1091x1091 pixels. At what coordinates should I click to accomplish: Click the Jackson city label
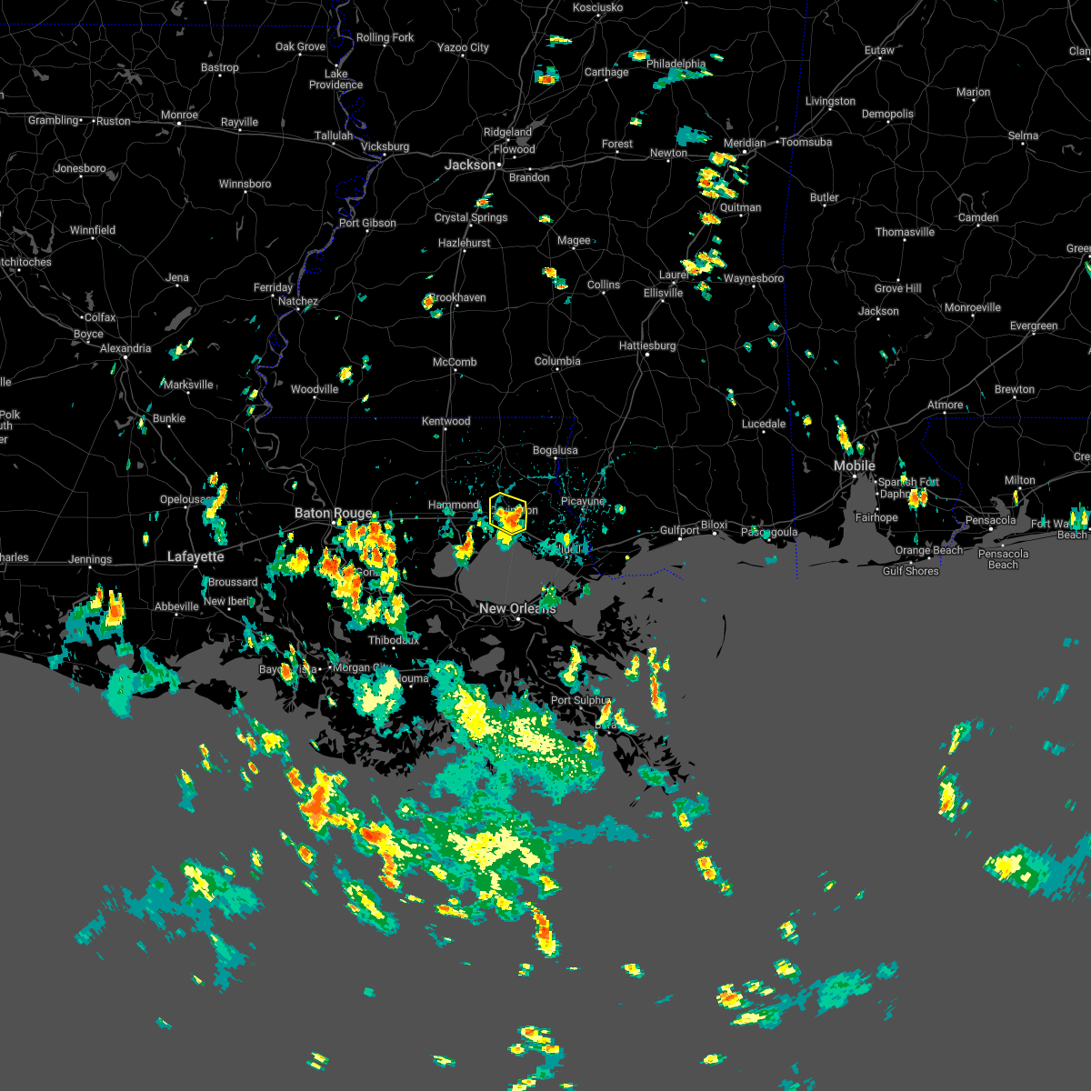470,165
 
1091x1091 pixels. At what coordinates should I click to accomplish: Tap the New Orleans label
516,608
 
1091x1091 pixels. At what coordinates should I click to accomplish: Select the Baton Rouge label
333,514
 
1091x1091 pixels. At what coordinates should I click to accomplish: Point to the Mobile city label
855,465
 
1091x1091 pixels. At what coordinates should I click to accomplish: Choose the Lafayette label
195,556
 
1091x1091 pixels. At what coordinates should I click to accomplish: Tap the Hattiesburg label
647,345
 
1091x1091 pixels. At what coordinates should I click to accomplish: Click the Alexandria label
125,348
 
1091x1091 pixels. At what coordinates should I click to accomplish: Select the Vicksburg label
385,146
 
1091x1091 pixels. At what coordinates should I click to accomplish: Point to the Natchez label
298,301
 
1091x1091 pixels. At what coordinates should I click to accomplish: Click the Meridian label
745,143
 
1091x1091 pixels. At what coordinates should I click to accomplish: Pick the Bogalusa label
555,450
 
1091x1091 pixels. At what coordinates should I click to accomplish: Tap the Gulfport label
679,530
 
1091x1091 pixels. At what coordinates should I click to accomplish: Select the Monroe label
179,115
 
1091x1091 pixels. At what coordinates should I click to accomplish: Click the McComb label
455,362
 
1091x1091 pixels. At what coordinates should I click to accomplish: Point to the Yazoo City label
463,47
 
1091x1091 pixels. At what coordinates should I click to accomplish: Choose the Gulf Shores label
910,571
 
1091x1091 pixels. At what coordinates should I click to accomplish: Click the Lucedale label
764,424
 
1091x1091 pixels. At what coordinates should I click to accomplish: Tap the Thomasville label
905,232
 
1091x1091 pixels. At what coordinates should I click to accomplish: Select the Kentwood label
446,421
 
